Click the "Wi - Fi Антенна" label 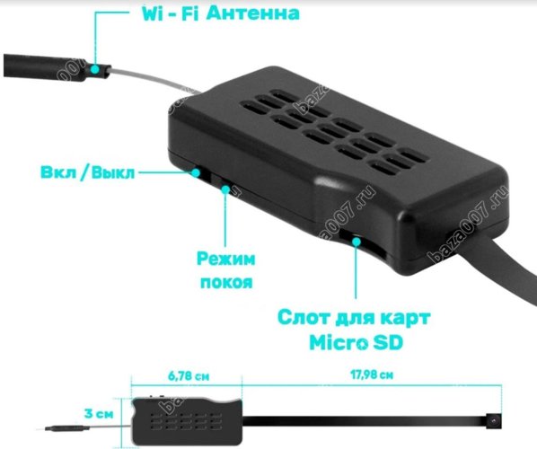(x=221, y=13)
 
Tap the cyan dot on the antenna (x=95, y=69)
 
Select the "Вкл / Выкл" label (x=88, y=172)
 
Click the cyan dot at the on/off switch (x=196, y=172)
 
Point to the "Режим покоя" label (x=226, y=270)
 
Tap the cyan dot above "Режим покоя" (x=225, y=189)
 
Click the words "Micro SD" (x=357, y=342)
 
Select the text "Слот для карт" (x=354, y=318)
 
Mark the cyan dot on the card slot (x=357, y=242)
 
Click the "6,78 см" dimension (x=189, y=376)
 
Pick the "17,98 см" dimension (x=372, y=374)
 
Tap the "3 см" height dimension (x=99, y=413)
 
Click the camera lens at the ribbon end (x=494, y=420)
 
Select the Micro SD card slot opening (x=363, y=244)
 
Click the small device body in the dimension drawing (x=187, y=421)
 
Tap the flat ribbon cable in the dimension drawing (x=365, y=421)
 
